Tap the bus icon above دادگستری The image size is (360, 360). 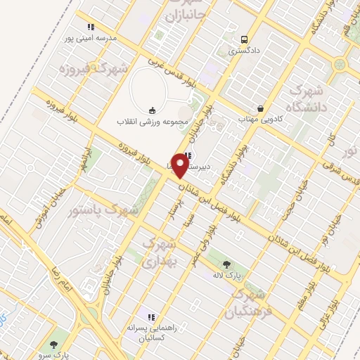point(243,39)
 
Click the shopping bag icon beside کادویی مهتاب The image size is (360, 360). point(261,109)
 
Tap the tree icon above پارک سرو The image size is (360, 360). point(54,344)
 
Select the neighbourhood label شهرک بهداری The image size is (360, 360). point(157,252)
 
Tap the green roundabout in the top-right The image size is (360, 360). point(341,65)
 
